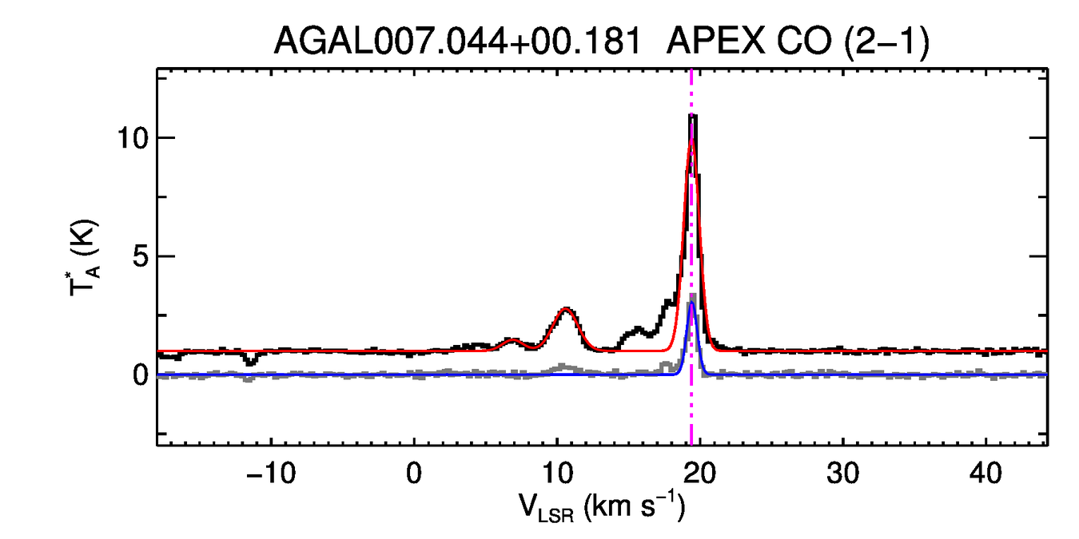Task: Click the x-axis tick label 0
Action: pyautogui.click(x=414, y=472)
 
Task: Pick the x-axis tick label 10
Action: pyautogui.click(x=556, y=472)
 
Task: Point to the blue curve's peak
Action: pyautogui.click(x=691, y=303)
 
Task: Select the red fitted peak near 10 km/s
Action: pyautogui.click(x=566, y=309)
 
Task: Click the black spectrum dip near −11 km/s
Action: pyautogui.click(x=251, y=362)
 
